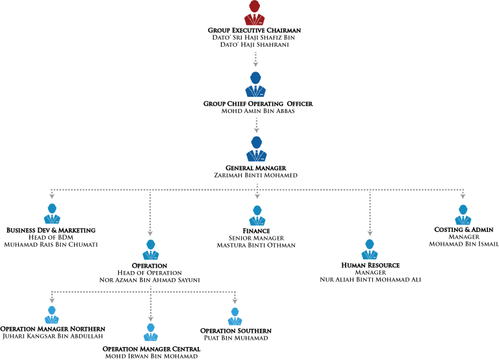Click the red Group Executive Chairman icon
point(255,13)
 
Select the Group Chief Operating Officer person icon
point(255,85)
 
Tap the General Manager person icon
point(257,149)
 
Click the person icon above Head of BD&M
point(52,214)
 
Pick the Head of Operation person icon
point(151,250)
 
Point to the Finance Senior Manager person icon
point(257,214)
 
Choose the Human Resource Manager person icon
point(370,250)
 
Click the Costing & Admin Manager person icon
point(463,214)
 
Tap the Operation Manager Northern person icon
point(52,315)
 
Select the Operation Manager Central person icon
point(151,332)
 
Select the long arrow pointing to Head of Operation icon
point(150,214)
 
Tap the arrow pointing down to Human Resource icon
point(370,214)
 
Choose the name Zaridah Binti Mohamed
point(256,175)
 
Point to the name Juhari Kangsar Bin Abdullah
point(53,337)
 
